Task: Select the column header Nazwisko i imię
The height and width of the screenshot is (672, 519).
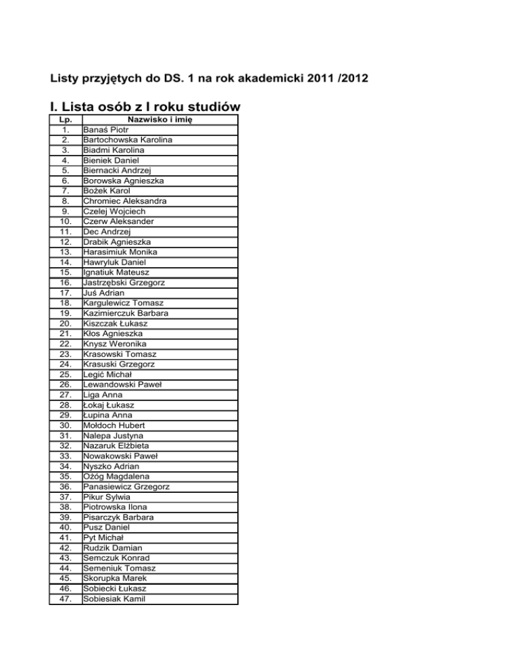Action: click(159, 120)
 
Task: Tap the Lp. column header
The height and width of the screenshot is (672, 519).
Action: click(66, 120)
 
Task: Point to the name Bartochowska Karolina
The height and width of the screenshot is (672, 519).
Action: click(127, 140)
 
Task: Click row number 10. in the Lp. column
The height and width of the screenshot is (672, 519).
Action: click(66, 221)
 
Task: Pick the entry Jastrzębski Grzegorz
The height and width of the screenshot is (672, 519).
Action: click(126, 283)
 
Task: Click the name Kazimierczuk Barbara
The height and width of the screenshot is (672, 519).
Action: click(126, 313)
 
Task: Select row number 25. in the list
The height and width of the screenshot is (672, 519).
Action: click(66, 374)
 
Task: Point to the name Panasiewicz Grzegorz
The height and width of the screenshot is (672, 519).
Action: click(126, 486)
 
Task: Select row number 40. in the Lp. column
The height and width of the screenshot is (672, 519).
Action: click(66, 527)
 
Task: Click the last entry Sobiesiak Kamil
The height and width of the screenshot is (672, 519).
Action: click(115, 598)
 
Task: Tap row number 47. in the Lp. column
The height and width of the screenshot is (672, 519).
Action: click(66, 598)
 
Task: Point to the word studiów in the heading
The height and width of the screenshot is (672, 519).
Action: click(205, 107)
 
